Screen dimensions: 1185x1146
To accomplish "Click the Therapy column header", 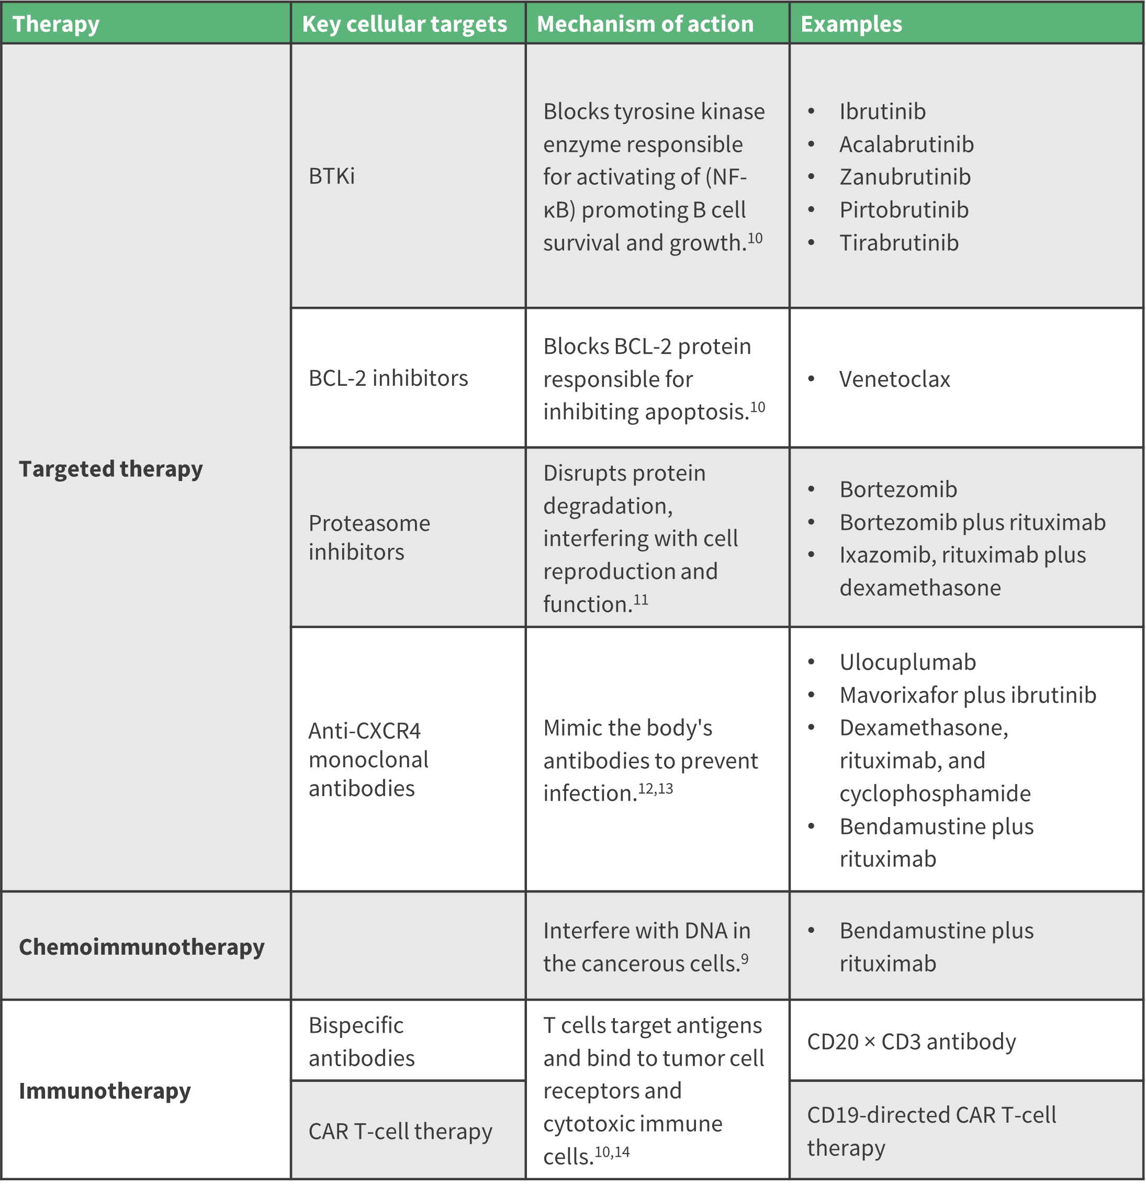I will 55,24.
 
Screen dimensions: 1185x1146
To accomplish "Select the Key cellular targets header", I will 405,24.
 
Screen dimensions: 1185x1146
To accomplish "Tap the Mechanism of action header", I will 645,24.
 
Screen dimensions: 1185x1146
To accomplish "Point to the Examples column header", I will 851,24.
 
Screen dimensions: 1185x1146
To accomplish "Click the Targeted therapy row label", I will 110,468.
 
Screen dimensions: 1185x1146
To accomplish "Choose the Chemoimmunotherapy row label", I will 141,946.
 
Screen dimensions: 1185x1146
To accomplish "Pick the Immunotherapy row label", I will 105,1090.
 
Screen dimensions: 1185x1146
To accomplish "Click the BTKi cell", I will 331,176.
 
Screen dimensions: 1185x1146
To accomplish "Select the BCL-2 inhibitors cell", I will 388,378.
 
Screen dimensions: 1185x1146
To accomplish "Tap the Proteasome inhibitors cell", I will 369,537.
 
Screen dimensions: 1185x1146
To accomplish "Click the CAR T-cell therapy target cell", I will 400,1131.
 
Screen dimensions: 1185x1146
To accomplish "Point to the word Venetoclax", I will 894,379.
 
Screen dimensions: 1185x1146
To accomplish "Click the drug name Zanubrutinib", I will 905,176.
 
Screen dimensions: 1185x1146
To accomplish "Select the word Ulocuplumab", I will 907,662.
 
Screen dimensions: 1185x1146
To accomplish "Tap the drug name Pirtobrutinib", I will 904,210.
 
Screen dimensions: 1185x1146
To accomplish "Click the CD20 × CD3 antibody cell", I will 912,1041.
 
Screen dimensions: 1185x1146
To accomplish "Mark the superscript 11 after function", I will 641,600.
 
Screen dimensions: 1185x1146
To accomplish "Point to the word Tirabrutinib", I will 899,242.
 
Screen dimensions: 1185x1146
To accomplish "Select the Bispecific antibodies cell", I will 362,1041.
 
